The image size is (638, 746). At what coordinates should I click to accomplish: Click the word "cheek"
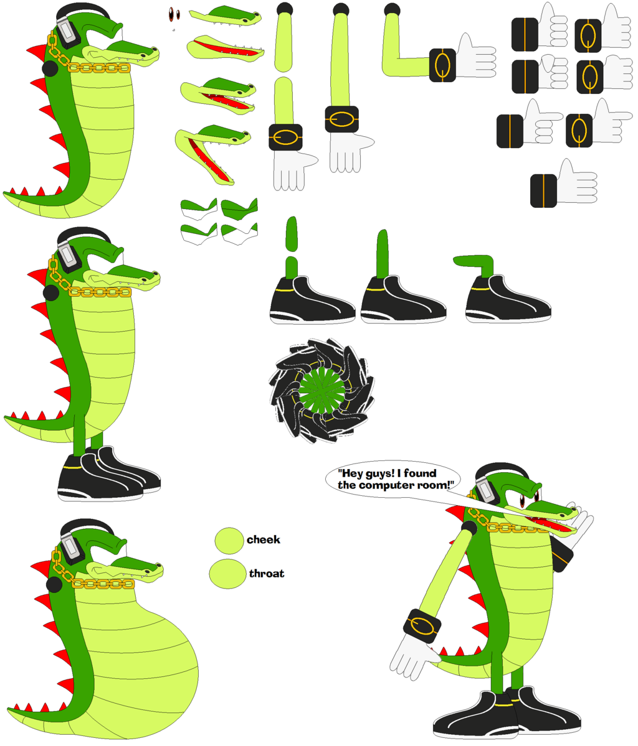pos(263,539)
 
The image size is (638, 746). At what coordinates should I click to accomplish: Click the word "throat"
pos(266,573)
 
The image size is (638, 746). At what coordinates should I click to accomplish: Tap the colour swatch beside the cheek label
pos(229,541)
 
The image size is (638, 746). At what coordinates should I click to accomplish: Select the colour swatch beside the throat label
pos(228,574)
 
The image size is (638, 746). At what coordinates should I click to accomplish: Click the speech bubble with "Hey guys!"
pos(393,480)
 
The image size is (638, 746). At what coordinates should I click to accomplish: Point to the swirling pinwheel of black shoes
pos(321,391)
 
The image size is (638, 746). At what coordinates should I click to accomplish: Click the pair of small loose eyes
pos(174,14)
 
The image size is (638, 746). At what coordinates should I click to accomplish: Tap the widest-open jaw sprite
pos(212,152)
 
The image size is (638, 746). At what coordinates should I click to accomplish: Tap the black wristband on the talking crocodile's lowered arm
pos(422,626)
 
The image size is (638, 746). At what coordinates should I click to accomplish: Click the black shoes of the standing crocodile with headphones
pos(108,473)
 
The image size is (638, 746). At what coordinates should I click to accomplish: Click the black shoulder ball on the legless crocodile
pos(50,68)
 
